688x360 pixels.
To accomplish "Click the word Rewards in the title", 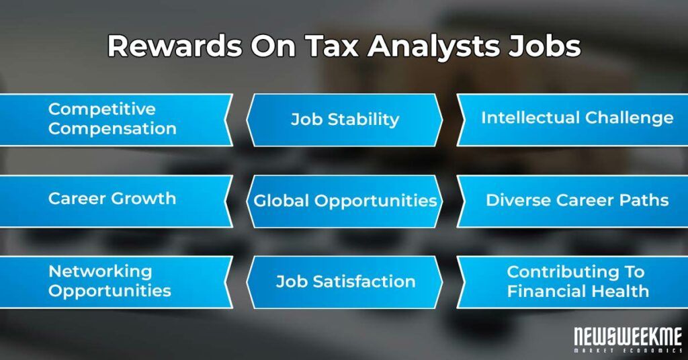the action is click(175, 46).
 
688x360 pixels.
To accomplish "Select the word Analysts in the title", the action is click(434, 46).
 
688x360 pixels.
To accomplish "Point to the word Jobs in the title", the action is click(545, 46).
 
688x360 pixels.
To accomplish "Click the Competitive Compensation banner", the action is click(116, 120).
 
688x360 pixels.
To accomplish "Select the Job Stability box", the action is click(345, 120).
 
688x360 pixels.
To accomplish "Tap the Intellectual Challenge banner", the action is click(572, 120).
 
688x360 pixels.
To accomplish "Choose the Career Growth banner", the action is click(116, 201).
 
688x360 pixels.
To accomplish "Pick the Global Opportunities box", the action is click(345, 201).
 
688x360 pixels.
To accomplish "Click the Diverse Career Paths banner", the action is click(572, 201).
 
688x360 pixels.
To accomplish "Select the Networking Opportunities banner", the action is click(116, 282).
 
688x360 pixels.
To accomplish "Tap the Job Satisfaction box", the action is click(345, 282).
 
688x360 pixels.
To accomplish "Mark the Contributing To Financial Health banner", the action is click(572, 282).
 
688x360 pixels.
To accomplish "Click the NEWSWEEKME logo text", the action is click(628, 337).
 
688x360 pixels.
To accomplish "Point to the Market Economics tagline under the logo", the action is click(628, 351).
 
